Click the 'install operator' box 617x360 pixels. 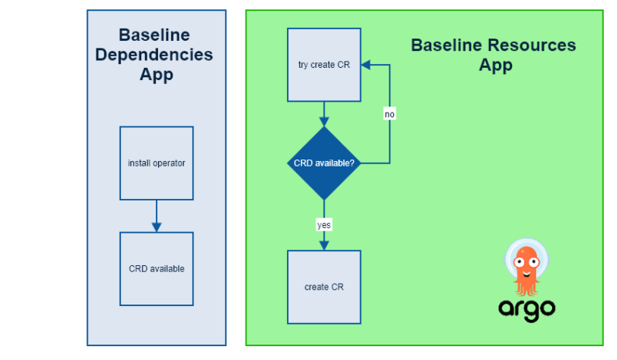(157, 163)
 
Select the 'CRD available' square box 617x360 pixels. (157, 269)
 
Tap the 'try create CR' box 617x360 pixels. (324, 65)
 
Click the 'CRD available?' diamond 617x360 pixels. (324, 163)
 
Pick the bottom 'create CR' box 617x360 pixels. (324, 287)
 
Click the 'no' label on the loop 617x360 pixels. (389, 114)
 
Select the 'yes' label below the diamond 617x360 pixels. (324, 225)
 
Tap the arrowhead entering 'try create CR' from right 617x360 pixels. (367, 65)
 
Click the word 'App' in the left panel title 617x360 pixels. (156, 75)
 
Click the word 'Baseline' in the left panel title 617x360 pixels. (154, 35)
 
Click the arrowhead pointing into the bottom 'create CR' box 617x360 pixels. (324, 244)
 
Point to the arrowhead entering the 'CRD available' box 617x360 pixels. (157, 227)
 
